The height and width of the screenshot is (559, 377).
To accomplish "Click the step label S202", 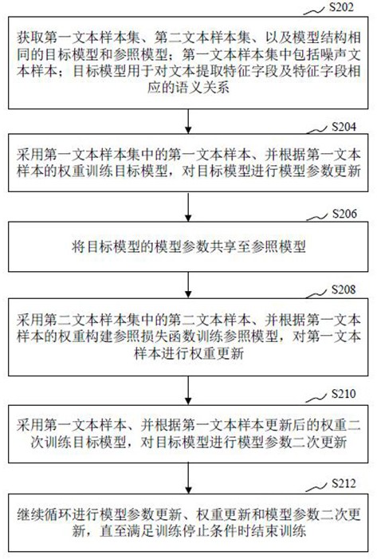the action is point(341,7).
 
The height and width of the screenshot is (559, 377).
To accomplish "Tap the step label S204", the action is point(344,127).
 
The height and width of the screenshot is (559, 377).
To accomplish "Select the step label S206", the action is point(344,214).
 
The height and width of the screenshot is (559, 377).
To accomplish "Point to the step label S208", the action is point(344,289).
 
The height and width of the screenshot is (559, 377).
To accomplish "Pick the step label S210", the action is point(344,394).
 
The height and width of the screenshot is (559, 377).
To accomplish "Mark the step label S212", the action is point(344,483).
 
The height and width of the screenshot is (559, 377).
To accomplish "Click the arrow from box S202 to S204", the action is point(188,121).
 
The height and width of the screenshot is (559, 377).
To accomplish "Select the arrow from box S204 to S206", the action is point(188,207).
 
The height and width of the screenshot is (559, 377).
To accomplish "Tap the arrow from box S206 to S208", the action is point(188,285).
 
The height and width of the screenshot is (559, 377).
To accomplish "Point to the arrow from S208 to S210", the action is point(188,390).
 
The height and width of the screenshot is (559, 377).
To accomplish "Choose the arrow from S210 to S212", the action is point(188,478).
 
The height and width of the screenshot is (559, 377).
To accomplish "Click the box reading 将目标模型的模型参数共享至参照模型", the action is point(188,246).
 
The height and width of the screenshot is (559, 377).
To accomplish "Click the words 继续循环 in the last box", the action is point(44,514).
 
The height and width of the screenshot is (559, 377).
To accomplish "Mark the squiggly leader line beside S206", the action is point(316,217).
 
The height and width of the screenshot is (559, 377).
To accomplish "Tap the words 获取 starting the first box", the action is point(30,37).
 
